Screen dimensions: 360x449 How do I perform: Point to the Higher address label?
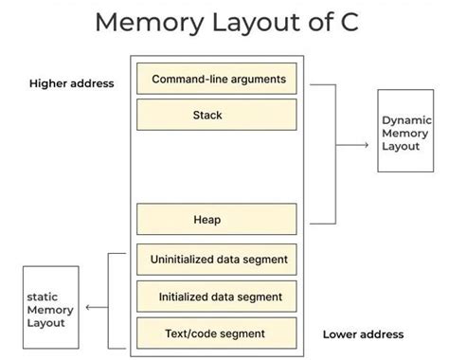coord(72,83)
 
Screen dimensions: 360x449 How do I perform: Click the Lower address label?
coord(363,333)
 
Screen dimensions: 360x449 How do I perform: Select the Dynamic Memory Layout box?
coord(406,132)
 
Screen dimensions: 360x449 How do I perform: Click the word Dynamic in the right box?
coord(406,120)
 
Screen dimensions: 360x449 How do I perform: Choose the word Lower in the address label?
coord(340,333)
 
